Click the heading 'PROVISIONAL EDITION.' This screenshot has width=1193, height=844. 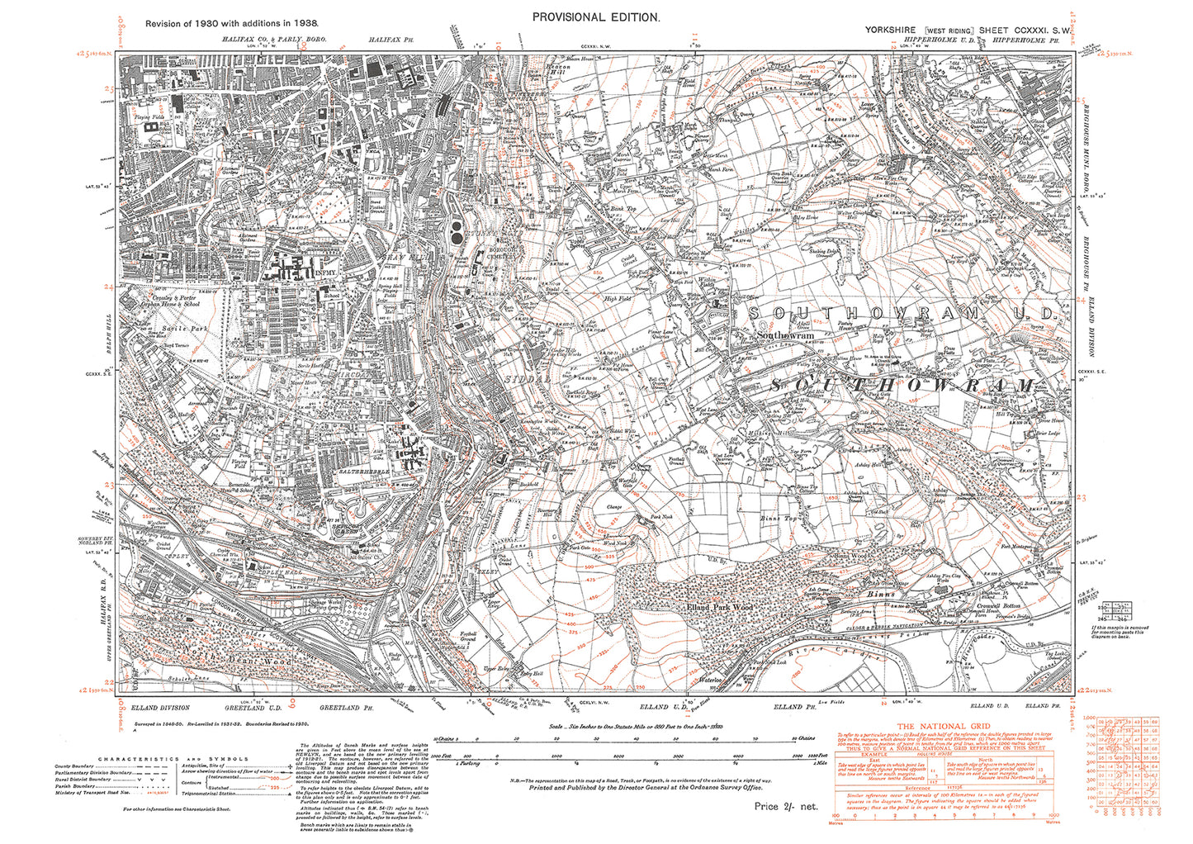coord(596,17)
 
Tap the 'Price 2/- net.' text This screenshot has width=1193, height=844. coord(785,806)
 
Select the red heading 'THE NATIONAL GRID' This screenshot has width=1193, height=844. coord(944,726)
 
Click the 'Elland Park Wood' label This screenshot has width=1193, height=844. coord(720,607)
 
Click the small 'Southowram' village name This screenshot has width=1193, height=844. coord(786,336)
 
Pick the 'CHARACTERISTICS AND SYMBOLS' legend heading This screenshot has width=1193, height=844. coord(173,759)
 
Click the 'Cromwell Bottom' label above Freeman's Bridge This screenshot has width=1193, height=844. coord(993,606)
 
